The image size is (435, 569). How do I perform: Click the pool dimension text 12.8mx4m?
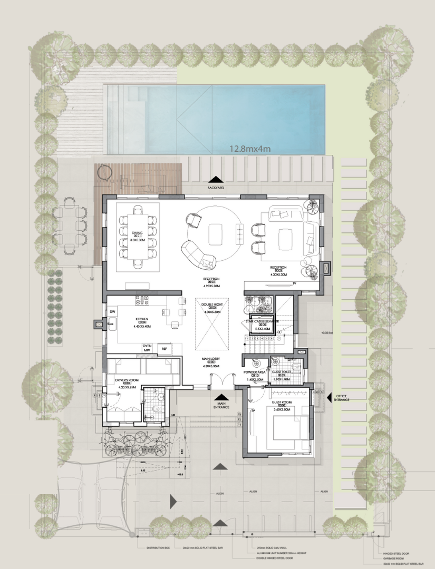click(250, 149)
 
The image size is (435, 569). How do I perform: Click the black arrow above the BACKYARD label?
click(216, 179)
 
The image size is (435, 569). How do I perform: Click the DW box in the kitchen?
click(112, 312)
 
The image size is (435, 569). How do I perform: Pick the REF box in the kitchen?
click(164, 349)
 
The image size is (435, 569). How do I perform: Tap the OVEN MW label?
click(147, 348)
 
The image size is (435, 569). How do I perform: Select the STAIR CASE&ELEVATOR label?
click(262, 322)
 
